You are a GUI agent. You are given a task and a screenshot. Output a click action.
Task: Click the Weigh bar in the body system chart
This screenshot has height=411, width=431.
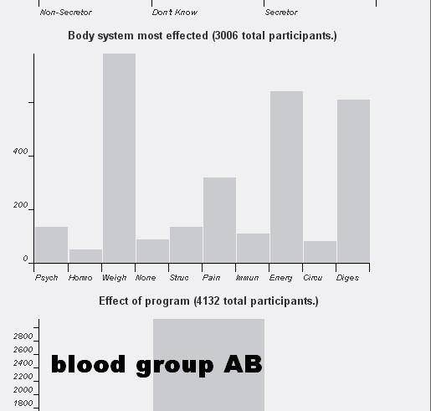click(x=119, y=158)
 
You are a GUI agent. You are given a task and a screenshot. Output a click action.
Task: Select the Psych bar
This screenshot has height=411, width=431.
click(x=52, y=244)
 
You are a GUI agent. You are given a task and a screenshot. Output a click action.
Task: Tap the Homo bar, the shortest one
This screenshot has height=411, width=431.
click(x=85, y=256)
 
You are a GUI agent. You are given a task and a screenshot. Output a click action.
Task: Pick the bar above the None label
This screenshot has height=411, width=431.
click(x=152, y=251)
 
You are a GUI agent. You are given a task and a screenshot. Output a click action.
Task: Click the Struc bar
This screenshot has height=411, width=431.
click(x=186, y=244)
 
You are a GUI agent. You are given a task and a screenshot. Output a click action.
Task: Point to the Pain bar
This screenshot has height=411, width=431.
click(x=219, y=220)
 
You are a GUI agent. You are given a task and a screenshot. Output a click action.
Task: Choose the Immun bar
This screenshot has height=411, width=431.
click(x=253, y=248)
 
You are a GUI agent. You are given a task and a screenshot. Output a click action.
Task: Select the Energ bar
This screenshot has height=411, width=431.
click(x=286, y=177)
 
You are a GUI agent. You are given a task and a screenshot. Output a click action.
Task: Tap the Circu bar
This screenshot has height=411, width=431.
click(x=320, y=252)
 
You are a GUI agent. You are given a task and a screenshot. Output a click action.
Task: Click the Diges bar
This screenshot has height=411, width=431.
click(x=353, y=181)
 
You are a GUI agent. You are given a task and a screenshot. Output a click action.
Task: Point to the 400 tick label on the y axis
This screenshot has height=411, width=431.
click(x=20, y=152)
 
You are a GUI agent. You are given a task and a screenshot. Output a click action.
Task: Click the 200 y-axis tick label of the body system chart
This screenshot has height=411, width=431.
click(x=20, y=205)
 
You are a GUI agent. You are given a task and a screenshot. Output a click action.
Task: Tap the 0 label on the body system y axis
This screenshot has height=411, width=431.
click(x=25, y=259)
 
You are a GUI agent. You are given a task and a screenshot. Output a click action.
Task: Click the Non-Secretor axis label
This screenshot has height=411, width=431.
click(x=66, y=13)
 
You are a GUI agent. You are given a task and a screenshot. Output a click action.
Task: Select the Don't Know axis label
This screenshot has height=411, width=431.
click(x=175, y=13)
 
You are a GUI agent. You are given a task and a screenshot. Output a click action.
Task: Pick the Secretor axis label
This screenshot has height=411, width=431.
click(x=281, y=13)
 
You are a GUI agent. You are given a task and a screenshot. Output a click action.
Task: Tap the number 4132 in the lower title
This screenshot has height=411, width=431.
click(x=208, y=301)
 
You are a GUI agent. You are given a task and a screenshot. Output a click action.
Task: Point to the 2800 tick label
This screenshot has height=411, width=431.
click(x=23, y=337)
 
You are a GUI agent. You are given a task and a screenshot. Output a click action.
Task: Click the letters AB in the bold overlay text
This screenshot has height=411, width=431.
click(x=244, y=364)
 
